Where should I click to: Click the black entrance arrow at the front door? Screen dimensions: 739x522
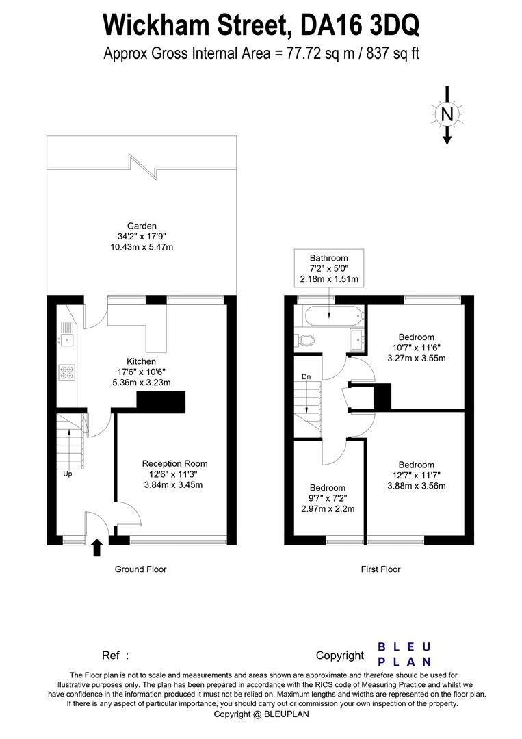pos(96,546)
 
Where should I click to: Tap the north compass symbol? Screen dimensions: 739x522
pos(447,114)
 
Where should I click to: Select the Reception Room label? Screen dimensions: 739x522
pos(174,463)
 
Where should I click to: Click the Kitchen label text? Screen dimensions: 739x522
pos(141,361)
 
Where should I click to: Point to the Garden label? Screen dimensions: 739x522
pos(142,226)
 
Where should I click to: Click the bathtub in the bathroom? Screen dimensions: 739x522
pos(330,317)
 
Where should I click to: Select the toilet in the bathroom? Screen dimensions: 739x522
pos(306,339)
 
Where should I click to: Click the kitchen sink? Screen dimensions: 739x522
pos(66,336)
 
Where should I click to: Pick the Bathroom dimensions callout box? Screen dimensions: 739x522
pos(329,268)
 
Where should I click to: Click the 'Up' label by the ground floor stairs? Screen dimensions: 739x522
pos(68,474)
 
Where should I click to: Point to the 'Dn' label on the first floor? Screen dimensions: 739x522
pos(306,377)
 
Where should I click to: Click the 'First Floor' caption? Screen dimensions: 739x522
pos(380,569)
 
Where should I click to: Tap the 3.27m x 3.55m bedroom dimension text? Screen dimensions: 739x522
pos(417,358)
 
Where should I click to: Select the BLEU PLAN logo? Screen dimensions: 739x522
pos(404,654)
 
